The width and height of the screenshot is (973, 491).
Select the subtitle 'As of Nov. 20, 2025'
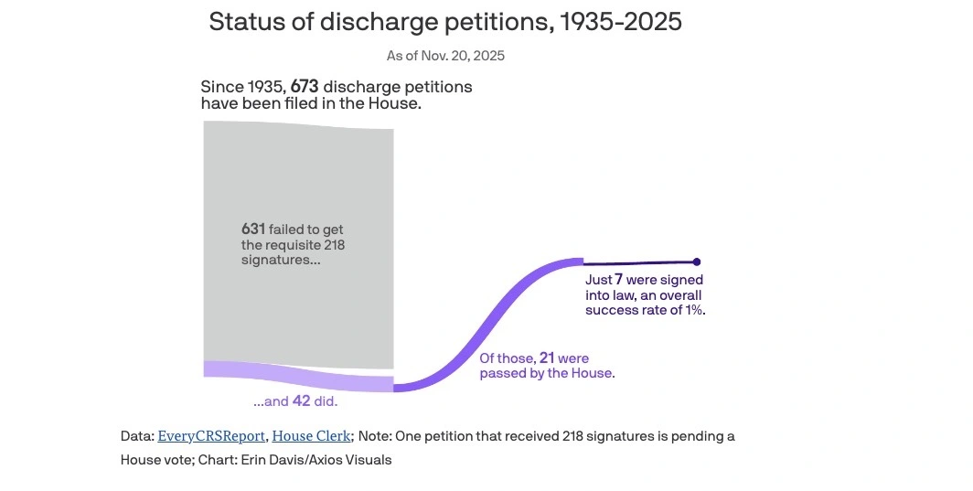click(445, 56)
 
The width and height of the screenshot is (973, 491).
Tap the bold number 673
click(305, 87)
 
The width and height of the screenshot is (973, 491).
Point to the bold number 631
click(253, 229)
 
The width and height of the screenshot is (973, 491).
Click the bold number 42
click(303, 401)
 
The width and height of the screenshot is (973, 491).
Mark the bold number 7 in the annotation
click(618, 280)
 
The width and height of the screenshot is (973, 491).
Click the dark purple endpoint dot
click(696, 262)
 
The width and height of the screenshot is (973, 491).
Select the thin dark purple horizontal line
click(640, 262)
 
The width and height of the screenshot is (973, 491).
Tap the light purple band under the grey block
click(298, 375)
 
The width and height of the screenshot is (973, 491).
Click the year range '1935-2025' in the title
click(619, 22)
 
